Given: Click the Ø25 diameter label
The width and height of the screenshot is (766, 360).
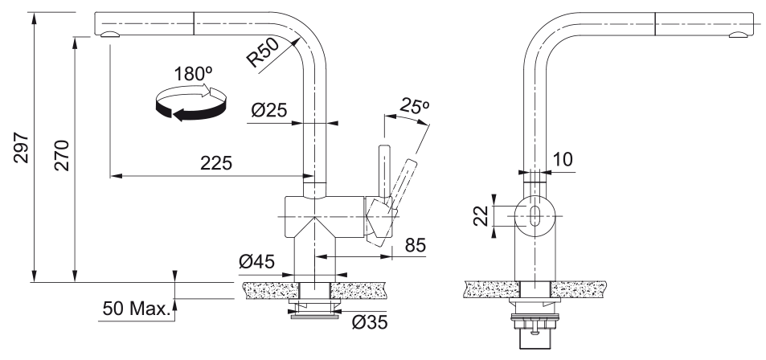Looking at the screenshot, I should [x=270, y=111].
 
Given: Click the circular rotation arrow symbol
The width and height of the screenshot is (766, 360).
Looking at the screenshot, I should [x=191, y=104].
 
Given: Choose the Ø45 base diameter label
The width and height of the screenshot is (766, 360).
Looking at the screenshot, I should [x=257, y=262].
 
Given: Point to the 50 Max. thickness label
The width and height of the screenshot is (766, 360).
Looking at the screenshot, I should [x=137, y=309].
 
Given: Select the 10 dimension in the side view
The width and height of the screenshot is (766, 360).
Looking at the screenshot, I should [x=563, y=159].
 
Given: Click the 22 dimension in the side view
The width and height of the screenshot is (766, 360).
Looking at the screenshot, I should [x=480, y=216].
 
